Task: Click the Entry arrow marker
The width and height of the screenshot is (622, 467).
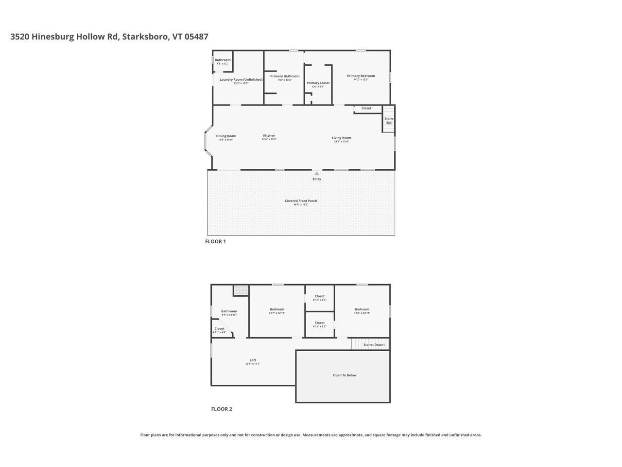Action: click(x=316, y=173)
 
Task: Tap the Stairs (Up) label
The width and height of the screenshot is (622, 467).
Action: click(x=389, y=121)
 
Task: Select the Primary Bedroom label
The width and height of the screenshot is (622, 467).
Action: click(x=361, y=76)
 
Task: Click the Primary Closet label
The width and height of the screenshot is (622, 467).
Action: click(x=318, y=83)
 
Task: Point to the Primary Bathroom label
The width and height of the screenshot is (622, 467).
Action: click(x=285, y=76)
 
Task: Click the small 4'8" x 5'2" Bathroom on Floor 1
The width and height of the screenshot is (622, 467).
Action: click(x=223, y=60)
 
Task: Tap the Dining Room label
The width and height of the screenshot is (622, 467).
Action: click(x=226, y=136)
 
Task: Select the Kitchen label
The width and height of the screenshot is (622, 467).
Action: click(x=269, y=136)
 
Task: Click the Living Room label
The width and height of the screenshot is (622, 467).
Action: click(x=341, y=138)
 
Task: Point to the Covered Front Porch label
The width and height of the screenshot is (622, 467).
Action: click(x=301, y=201)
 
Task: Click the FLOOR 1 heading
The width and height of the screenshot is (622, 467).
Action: click(x=215, y=242)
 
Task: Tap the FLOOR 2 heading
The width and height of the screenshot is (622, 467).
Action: click(x=222, y=409)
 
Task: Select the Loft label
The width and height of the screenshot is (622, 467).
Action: click(x=253, y=360)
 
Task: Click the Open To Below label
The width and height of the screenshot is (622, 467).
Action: click(x=345, y=375)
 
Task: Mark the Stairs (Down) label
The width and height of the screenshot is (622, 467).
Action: click(x=374, y=345)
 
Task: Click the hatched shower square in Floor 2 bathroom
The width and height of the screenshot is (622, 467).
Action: click(x=241, y=290)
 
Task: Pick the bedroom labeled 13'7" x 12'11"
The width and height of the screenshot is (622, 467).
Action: click(x=276, y=309)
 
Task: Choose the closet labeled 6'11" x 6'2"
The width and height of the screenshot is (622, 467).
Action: click(x=319, y=323)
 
